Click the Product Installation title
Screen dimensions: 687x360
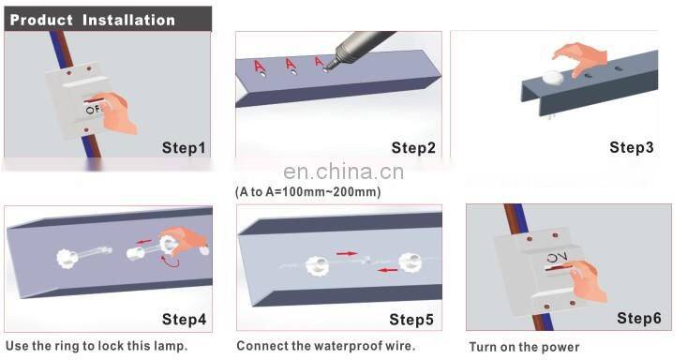coord(93,21)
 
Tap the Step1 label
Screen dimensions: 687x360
coord(184,148)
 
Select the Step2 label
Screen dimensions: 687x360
coord(413,148)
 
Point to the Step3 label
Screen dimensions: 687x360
coord(632,147)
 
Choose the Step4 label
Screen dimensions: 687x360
coord(184,320)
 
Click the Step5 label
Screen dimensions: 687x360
coord(411,320)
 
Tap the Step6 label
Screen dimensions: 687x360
coord(639,318)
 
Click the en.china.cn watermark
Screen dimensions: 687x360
coord(343,172)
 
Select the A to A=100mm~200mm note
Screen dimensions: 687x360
coord(308,191)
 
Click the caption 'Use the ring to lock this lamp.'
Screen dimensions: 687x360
coord(97,346)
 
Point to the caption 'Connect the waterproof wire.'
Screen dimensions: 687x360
coord(325,346)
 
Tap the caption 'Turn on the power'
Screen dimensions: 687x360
coord(524,347)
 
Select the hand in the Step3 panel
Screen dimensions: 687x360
coord(580,59)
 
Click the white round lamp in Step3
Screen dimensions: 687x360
coord(553,78)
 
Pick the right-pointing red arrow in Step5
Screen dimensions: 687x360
coord(346,253)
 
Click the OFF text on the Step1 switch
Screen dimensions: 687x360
coord(95,110)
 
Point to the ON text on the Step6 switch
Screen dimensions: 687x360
coord(557,258)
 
